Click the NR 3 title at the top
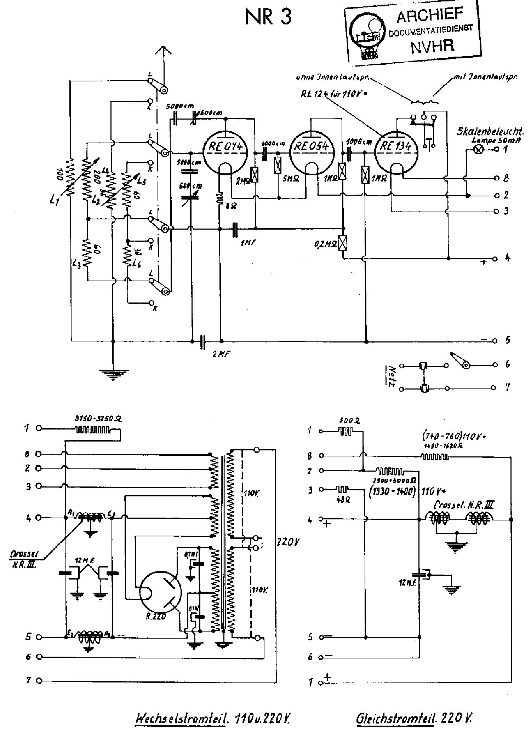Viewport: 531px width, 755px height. point(268,17)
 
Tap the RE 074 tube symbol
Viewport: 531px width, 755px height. point(225,152)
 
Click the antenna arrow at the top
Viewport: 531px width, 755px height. point(164,52)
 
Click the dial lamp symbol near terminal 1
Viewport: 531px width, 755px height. point(478,150)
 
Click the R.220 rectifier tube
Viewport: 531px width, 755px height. point(161,591)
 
